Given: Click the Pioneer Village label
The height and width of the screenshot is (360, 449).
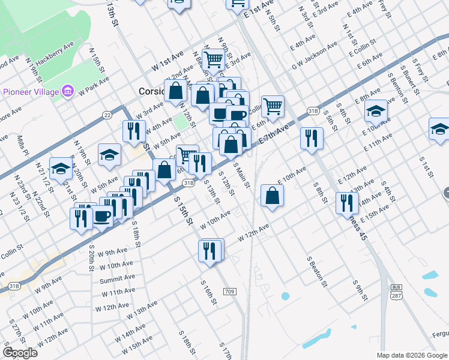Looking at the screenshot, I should click(31, 92).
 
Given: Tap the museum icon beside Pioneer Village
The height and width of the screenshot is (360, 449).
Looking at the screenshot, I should click(68, 91).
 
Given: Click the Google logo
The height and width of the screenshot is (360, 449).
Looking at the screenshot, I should click(20, 353).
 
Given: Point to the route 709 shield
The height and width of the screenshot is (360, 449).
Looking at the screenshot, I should click(229, 292).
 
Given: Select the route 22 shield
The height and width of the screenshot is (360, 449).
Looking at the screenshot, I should click(107, 115).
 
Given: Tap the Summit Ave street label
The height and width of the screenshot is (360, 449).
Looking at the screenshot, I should click(118, 278).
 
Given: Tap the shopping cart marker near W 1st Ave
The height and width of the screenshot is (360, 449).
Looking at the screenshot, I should click(214, 59).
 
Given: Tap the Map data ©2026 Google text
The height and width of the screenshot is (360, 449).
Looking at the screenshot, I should click(411, 355).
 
